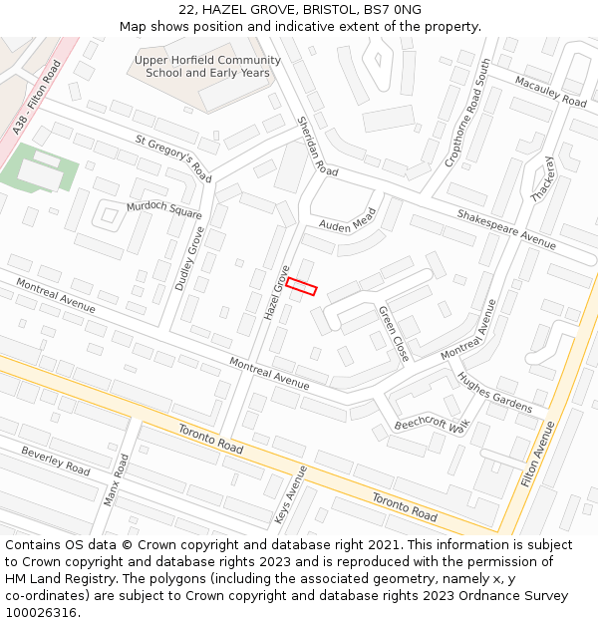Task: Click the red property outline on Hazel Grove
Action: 301,286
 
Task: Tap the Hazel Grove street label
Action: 276,292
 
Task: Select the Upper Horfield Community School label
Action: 207,66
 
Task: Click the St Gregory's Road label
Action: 173,157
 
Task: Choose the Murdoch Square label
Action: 163,210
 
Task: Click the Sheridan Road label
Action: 318,146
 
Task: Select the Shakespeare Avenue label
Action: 506,229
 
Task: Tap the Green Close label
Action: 394,333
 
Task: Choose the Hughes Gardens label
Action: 494,393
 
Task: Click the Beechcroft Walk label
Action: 431,424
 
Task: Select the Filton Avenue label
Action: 538,454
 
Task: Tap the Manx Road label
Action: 118,478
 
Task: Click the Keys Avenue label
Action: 291,494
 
